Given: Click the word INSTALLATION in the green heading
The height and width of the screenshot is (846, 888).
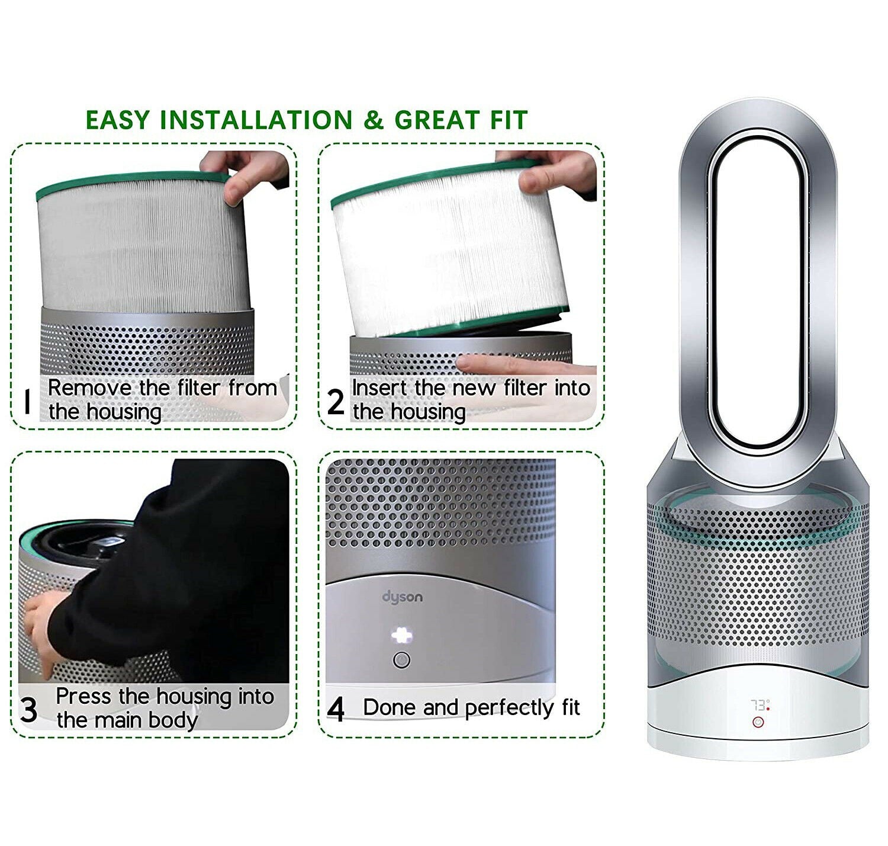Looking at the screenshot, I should (x=256, y=120).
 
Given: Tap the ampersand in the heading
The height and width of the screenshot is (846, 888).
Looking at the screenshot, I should (x=374, y=120).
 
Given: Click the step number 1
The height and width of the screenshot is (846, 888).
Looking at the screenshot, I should (x=26, y=402).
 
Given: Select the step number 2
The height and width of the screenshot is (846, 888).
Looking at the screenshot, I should (x=335, y=402).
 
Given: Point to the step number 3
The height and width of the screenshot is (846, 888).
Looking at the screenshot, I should (x=28, y=709).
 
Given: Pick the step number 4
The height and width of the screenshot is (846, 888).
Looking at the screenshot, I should (x=336, y=709).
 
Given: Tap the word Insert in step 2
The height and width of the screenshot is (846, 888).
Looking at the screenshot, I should (x=379, y=388).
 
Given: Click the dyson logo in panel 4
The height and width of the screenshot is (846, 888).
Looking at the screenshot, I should (x=403, y=597).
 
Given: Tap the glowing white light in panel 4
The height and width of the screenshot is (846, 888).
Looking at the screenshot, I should (x=401, y=636).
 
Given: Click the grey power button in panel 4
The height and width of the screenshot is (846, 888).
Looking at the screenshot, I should (x=402, y=660).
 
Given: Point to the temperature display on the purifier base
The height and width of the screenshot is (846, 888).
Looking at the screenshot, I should (x=758, y=706).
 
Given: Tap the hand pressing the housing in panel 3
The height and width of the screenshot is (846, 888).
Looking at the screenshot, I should (x=41, y=634).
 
